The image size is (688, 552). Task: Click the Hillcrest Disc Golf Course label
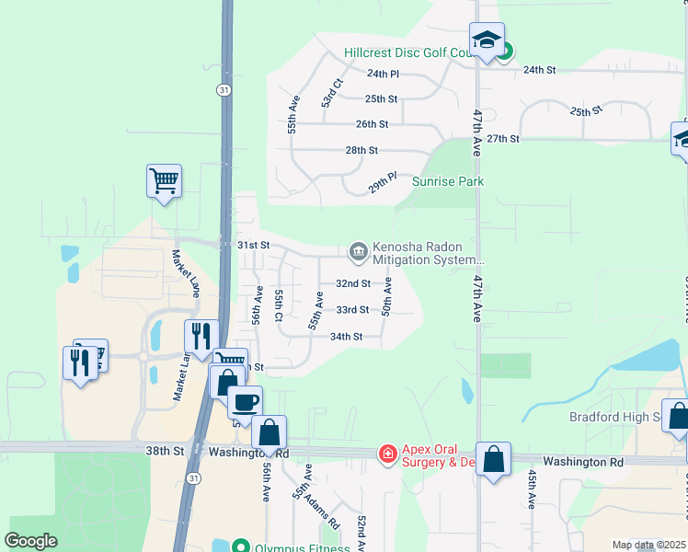tap(408, 53)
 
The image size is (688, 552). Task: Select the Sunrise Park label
tap(447, 182)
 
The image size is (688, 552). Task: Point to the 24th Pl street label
tap(383, 74)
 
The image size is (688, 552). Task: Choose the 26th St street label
tap(373, 124)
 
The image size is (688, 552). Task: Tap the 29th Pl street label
tap(383, 181)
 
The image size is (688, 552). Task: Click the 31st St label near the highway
tap(253, 246)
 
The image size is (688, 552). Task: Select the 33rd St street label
tap(352, 311)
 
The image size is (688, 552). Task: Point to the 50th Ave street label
tap(387, 296)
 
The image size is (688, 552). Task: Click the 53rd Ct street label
tap(332, 93)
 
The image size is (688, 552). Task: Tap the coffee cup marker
tap(246, 402)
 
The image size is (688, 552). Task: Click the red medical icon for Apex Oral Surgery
tap(388, 454)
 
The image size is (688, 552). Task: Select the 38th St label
tap(165, 452)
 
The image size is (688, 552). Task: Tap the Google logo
tap(31, 541)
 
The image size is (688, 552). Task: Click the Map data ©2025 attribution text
tap(648, 545)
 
